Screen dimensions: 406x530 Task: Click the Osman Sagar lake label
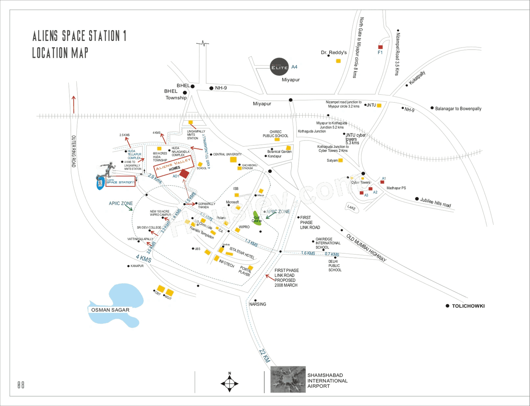click(110, 310)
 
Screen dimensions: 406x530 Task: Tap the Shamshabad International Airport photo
click(288, 379)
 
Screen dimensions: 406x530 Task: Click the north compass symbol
click(230, 382)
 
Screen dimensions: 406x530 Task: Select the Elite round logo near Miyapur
click(279, 67)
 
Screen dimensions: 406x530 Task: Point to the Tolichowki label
click(468, 306)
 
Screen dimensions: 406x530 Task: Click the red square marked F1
click(380, 47)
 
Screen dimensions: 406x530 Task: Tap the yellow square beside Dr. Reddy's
click(338, 61)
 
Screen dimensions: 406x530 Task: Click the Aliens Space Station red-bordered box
click(120, 182)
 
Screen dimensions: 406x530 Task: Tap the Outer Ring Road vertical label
click(74, 151)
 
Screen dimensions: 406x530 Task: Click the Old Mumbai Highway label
click(366, 248)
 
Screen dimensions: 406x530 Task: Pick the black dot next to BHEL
click(193, 86)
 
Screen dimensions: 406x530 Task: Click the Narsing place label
click(258, 304)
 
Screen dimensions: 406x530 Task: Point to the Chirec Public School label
click(275, 134)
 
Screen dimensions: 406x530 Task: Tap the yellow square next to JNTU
click(379, 105)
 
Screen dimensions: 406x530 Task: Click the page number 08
click(21, 385)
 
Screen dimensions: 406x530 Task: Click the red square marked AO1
click(184, 174)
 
